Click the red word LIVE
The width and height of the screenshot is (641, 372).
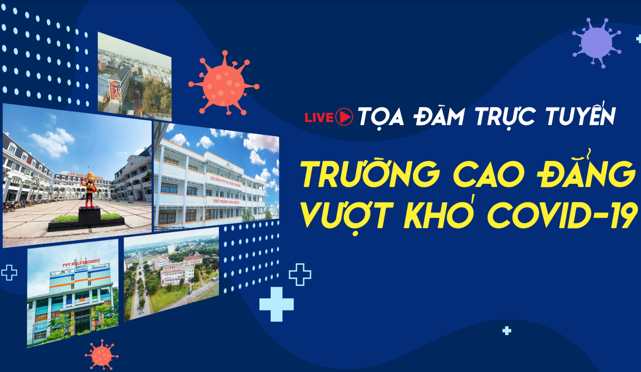(319, 117)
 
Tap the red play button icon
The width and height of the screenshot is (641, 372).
(344, 117)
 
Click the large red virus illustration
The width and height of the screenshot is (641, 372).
(224, 84)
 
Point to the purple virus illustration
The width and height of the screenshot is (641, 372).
(596, 43)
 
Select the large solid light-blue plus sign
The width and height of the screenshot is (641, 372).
(276, 304)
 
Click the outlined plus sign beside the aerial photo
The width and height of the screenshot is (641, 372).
(300, 275)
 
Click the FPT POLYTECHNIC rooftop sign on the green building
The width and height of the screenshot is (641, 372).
(81, 263)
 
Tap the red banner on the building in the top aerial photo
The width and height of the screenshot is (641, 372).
(114, 90)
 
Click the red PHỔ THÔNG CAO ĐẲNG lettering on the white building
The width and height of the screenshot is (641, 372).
(226, 201)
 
